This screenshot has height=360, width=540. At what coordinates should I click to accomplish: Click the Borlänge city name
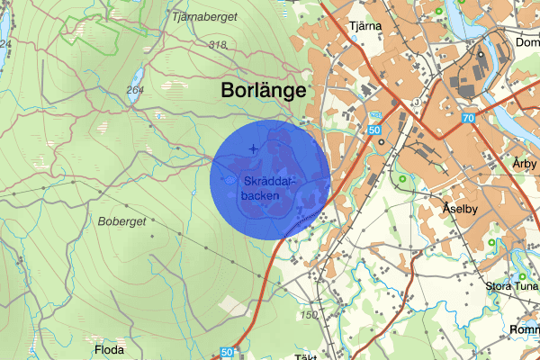point(263,91)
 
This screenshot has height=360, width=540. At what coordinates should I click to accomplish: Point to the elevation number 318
point(217,45)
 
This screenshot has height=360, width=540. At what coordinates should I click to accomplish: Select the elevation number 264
point(135,90)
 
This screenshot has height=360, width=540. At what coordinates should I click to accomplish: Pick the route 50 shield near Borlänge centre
point(374,130)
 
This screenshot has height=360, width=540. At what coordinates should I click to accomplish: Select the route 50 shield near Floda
point(226,353)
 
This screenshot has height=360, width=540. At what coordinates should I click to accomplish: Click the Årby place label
point(524,164)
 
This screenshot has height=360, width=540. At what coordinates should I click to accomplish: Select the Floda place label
point(108,348)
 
